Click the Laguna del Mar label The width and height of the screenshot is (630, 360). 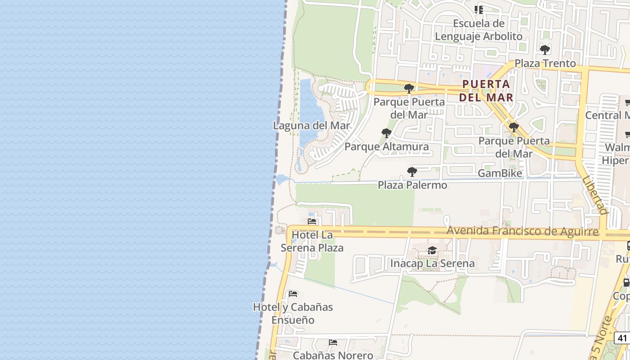311,126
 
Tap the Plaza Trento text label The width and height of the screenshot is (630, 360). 545,63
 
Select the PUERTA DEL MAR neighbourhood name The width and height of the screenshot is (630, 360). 488,90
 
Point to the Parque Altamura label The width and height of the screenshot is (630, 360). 387,147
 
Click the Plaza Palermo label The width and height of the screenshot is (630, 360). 412,185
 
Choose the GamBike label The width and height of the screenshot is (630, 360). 500,173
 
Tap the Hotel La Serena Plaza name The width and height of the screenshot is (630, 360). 312,241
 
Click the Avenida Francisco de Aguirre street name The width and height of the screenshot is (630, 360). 522,231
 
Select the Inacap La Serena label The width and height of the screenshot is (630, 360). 432,263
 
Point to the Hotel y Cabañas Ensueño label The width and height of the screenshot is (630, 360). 293,314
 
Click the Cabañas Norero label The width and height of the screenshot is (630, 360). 333,355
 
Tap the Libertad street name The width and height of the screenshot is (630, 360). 595,194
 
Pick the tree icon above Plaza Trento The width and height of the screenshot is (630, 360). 545,49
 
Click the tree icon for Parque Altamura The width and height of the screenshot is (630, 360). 386,133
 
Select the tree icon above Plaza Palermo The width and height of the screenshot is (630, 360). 412,171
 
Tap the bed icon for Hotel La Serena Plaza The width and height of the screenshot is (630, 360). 312,221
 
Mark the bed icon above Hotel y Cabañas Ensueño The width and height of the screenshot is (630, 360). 293,294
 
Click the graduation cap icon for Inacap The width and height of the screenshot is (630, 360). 432,250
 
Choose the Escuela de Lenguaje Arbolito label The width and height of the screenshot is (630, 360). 478,30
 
